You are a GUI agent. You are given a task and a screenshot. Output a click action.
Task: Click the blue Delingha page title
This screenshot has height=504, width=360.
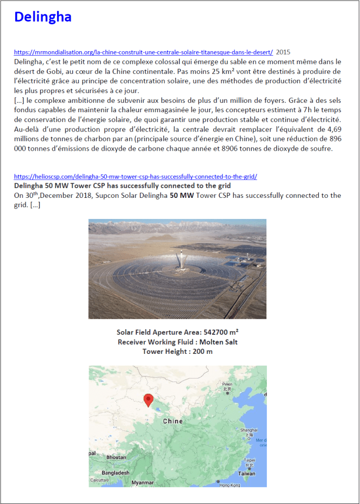(43, 17)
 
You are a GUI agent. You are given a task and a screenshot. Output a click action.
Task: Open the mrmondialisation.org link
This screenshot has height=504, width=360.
(143, 52)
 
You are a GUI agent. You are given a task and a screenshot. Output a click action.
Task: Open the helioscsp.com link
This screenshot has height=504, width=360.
(135, 176)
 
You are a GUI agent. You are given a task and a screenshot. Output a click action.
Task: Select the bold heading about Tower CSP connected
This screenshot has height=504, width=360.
(123, 186)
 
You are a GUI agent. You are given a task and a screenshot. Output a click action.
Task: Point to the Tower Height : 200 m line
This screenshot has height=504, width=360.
(177, 351)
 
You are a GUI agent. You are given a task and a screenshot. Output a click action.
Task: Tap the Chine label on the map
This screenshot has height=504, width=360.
(173, 421)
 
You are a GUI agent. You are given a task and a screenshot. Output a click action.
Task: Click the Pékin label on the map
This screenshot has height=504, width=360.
(227, 384)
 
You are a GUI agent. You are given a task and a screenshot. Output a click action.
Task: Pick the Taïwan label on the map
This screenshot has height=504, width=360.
(247, 473)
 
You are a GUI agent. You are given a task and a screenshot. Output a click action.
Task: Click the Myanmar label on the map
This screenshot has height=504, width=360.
(143, 483)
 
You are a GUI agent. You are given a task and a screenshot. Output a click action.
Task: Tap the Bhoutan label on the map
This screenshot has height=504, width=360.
(116, 457)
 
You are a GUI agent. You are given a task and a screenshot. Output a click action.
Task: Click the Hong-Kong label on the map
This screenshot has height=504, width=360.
(229, 485)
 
